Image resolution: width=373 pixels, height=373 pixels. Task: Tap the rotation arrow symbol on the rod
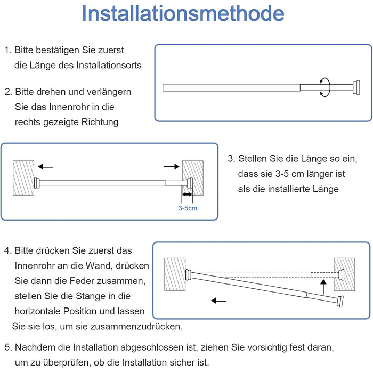point(324,87)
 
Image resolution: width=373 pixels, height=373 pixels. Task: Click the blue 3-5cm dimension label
point(188,208)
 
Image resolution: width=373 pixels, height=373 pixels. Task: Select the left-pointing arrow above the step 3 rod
point(46,166)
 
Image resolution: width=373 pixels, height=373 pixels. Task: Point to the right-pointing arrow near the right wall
point(172,167)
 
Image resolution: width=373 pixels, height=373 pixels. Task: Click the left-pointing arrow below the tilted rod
point(218,301)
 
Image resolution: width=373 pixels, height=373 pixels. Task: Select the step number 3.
point(231,159)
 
